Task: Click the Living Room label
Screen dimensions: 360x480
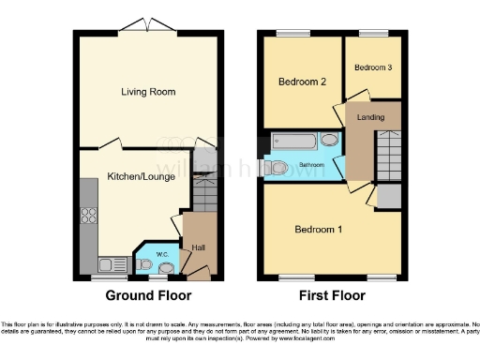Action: (x=148, y=92)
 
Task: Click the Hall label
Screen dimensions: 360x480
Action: (x=198, y=247)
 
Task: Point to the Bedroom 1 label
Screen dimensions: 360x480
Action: (x=318, y=230)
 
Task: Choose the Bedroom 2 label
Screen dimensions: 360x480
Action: (x=302, y=82)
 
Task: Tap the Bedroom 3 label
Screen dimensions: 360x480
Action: (x=372, y=67)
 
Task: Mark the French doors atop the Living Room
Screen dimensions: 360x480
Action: (x=148, y=25)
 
